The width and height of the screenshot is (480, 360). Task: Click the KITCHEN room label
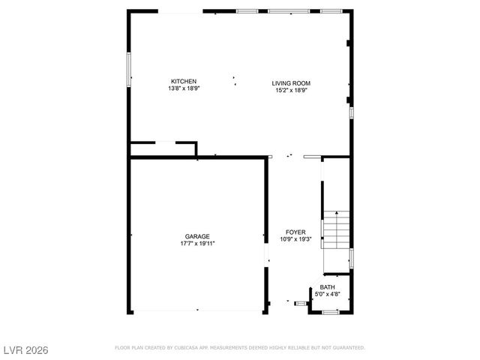coord(184,81)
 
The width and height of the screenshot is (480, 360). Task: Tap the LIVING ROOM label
coord(291,83)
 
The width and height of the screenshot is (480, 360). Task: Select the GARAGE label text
coord(198,236)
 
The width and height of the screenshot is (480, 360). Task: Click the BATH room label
coord(328,287)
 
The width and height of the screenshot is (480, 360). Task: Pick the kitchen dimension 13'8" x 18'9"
coord(184,88)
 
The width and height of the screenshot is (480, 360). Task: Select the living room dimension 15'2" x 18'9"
coord(291,90)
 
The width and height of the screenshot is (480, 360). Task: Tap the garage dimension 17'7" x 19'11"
coord(198,243)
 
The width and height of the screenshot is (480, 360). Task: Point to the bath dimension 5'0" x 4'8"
coord(328,294)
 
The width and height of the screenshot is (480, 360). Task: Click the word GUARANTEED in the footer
coord(348,348)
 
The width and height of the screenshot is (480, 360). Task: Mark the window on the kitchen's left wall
coord(128,67)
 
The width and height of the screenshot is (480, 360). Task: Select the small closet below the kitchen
coord(163,149)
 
